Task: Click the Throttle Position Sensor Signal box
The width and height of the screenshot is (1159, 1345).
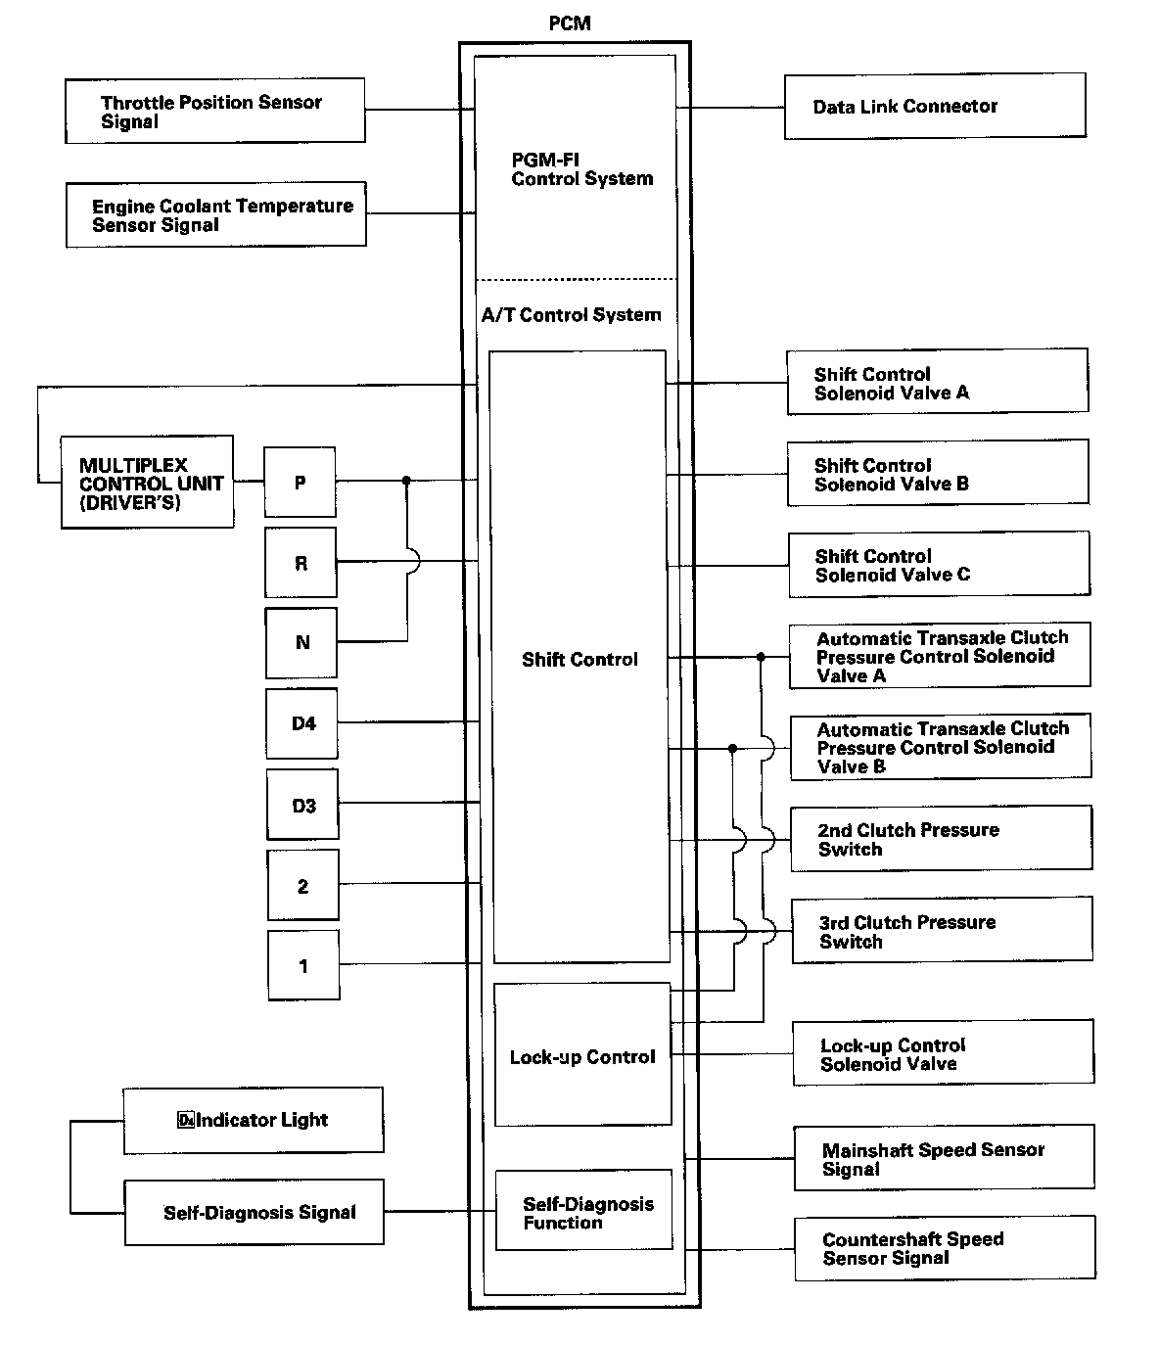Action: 214,112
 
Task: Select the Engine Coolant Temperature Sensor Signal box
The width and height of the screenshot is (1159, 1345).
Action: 215,214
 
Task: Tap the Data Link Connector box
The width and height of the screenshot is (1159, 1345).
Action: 934,106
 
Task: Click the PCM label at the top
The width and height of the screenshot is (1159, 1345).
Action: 569,23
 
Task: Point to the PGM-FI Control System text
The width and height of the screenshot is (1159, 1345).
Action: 581,168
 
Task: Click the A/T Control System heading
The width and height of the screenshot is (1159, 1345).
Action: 571,315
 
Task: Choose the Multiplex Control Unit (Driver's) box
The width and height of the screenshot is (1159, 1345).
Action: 147,483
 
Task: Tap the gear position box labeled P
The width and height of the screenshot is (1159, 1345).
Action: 300,483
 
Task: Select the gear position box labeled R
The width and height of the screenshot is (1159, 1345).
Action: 301,563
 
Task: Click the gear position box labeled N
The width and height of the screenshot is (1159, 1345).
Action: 301,643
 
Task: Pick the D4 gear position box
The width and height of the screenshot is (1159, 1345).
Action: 302,724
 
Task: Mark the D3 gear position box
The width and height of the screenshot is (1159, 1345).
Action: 303,806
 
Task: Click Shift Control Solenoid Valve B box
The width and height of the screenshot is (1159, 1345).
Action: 937,474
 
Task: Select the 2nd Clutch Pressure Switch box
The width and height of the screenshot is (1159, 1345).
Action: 940,839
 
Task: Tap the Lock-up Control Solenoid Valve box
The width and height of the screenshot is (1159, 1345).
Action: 942,1053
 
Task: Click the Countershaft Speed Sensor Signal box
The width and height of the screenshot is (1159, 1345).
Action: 944,1248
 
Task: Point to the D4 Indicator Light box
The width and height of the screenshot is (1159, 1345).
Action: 253,1120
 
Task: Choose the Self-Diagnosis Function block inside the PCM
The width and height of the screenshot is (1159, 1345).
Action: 583,1211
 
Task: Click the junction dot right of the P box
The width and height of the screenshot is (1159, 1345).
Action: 406,481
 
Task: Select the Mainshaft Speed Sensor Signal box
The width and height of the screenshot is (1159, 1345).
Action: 943,1159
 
